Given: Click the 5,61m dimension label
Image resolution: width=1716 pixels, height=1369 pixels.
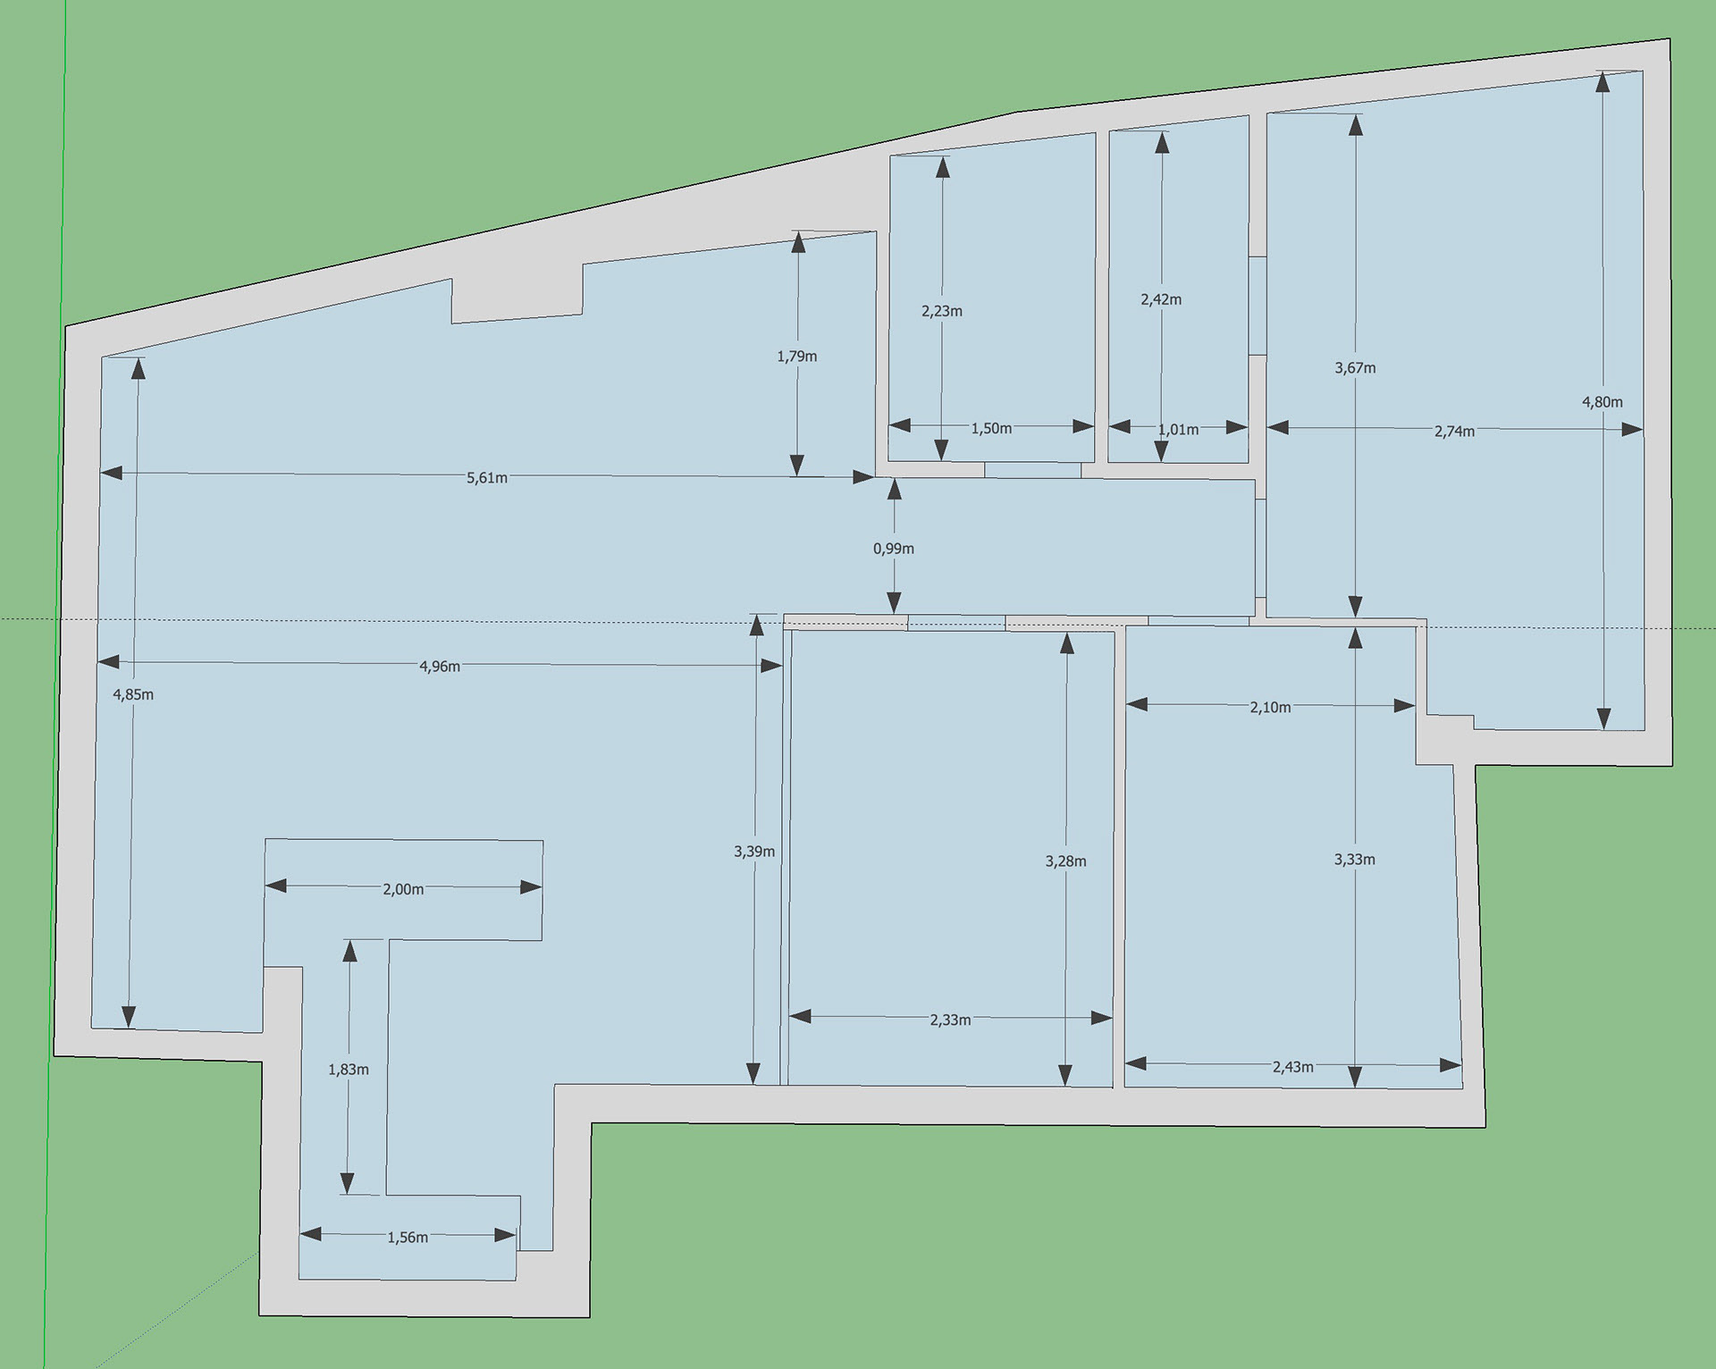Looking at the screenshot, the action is coord(487,478).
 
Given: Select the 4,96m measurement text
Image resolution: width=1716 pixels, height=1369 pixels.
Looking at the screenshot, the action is coord(440,667).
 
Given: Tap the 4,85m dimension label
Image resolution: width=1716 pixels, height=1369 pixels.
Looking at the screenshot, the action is coord(133,694).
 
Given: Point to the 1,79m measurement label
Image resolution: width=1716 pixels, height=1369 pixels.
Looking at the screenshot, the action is coord(797,357).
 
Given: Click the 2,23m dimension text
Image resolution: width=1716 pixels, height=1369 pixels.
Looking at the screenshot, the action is coord(942,311).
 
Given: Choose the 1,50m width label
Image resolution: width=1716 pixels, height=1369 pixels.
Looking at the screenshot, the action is coord(991,428).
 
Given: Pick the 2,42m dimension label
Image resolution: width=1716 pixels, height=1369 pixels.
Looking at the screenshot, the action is coord(1161,299).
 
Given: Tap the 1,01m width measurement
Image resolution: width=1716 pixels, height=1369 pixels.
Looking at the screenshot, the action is coord(1178,430).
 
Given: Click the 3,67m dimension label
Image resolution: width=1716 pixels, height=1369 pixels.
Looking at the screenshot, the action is coord(1355,367).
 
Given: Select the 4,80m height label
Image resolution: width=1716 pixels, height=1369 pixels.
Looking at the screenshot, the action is coord(1602,402).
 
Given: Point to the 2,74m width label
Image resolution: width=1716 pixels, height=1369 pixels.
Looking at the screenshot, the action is coord(1454,432).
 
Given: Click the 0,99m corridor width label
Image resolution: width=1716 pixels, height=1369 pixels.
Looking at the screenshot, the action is coord(894,549).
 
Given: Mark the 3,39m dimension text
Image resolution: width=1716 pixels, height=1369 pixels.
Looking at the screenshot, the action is coord(754,852).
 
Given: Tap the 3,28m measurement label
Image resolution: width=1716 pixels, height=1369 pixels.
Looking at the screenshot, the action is coord(1065,861).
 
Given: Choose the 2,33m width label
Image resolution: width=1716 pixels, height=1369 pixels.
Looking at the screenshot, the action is coord(950,1020).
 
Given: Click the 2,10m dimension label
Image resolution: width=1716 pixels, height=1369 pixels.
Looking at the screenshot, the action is coord(1270,708).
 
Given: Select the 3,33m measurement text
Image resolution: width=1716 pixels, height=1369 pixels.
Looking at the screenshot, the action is coord(1355,860).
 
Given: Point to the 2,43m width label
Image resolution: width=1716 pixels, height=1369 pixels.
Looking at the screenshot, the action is coord(1293,1067).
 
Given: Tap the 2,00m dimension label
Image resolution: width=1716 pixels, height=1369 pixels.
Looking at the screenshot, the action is coord(403,889).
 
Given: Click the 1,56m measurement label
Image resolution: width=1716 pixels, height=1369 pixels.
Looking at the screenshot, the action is coord(408,1238).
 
